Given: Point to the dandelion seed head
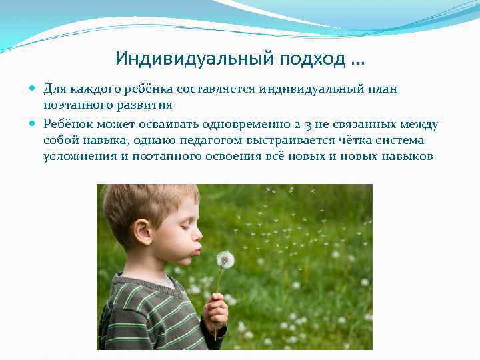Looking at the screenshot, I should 225,260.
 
